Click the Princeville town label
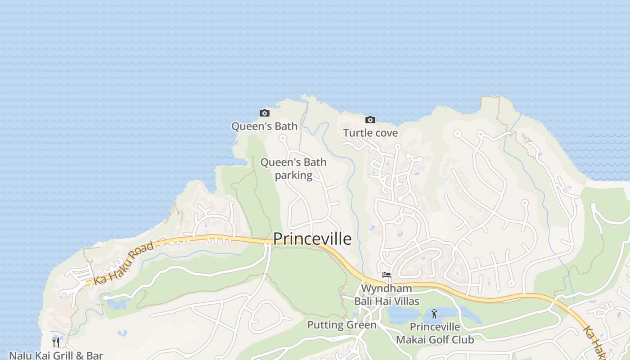click(312, 238)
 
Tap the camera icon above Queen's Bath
click(265, 113)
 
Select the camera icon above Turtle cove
click(370, 120)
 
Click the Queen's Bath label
click(265, 126)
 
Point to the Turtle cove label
click(370, 133)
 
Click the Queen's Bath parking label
click(293, 168)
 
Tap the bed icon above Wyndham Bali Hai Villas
click(386, 275)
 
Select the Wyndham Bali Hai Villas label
click(387, 295)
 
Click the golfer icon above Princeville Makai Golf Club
click(434, 314)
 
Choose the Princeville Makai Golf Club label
click(435, 333)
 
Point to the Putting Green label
click(342, 325)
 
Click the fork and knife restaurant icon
click(56, 342)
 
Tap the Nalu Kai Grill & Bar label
click(56, 355)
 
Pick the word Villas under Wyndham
click(405, 301)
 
